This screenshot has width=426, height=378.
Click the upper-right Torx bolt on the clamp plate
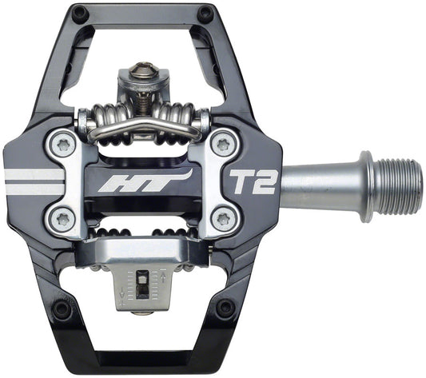[x=223, y=143]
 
